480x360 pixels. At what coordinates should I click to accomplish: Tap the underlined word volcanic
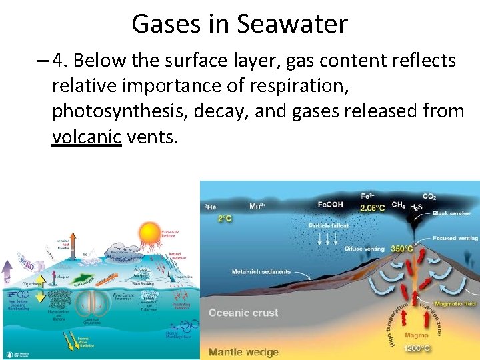(x=87, y=137)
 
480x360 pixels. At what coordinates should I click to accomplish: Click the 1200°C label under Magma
(x=417, y=347)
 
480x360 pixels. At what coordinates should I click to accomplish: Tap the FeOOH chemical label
(x=330, y=205)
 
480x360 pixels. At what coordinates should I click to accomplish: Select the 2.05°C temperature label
(x=373, y=207)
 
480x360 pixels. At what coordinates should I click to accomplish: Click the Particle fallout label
(x=327, y=225)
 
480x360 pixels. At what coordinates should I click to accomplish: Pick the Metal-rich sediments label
(x=261, y=271)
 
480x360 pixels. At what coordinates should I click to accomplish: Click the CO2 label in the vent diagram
(x=429, y=197)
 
